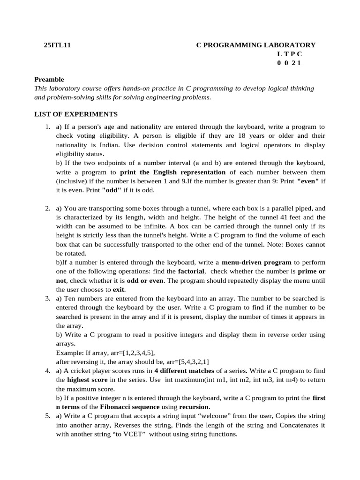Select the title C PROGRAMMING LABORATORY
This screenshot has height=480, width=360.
[255, 45]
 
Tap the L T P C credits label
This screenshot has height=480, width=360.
[289, 54]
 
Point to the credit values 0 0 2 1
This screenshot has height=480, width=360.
[289, 63]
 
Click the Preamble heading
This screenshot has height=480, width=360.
[49, 79]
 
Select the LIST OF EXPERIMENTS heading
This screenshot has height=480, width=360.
[76, 114]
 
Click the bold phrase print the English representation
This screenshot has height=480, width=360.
[173, 172]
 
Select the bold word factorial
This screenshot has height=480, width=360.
[191, 271]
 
